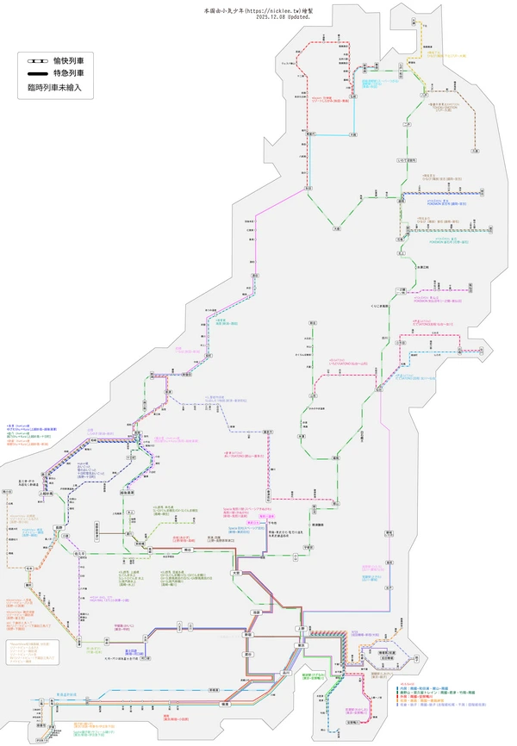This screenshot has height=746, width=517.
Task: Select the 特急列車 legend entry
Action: (x=72, y=74)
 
